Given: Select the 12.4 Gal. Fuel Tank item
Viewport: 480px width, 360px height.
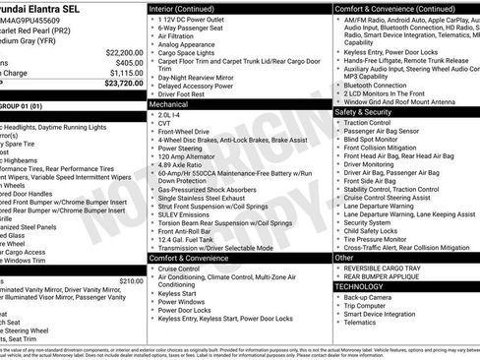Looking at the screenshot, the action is pyautogui.click(x=186, y=238).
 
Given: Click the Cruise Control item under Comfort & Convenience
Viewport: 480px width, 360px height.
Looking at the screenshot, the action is pyautogui.click(x=178, y=269).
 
